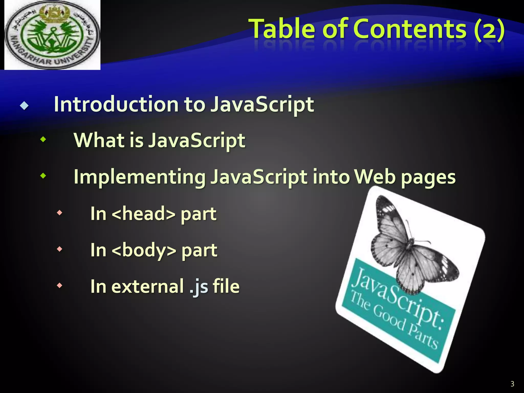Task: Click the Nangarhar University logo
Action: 52,35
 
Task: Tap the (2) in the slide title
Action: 489,29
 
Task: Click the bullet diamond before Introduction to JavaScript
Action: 24,105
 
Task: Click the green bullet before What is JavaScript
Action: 43,139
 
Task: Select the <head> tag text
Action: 144,213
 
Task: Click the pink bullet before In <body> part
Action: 59,249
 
